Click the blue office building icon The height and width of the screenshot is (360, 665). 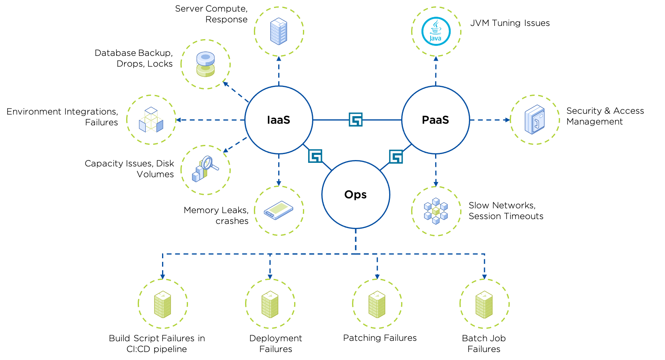[278, 31]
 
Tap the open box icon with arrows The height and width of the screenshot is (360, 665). [150, 120]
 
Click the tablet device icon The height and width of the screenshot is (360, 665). [278, 210]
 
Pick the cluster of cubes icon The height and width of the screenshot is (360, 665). [435, 210]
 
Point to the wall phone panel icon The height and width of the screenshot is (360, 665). [534, 119]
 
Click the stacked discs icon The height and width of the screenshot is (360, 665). [205, 64]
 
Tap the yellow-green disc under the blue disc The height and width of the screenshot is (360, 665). [205, 71]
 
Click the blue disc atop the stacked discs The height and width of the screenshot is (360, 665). [205, 58]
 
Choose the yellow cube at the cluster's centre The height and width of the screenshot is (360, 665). [436, 211]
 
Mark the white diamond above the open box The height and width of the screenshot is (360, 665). [151, 111]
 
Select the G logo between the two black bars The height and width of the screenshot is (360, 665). [355, 119]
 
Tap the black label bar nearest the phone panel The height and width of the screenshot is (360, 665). [445, 119]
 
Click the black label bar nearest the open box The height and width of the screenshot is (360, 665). [289, 119]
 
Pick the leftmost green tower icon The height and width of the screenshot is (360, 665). [162, 305]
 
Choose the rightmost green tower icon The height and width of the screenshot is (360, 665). [484, 305]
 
